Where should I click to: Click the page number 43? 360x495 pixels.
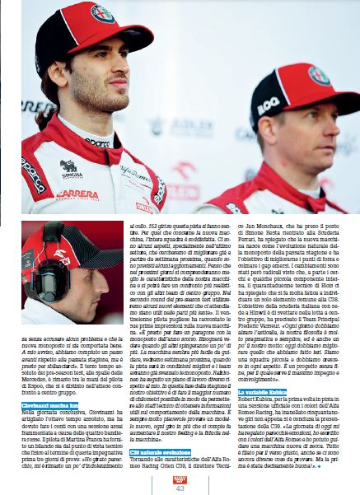pos(180,487)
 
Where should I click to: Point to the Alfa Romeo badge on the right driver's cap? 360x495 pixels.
pos(319,76)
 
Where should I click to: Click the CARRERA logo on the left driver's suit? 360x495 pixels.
pos(76,194)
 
